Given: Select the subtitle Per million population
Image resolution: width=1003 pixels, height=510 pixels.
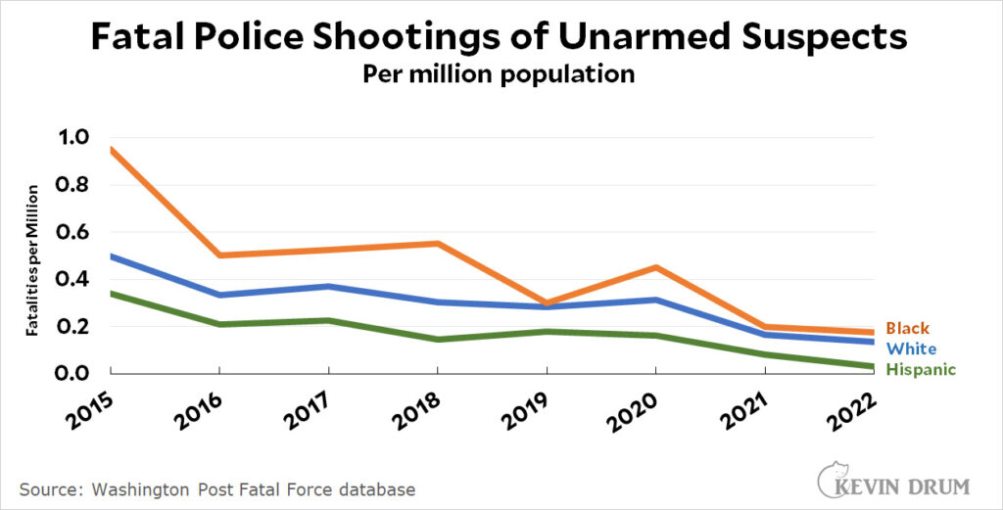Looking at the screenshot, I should point(501,74).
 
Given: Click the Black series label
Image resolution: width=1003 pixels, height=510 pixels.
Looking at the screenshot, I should point(908,329).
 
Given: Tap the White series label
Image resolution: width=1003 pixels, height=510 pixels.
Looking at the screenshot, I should point(911,349).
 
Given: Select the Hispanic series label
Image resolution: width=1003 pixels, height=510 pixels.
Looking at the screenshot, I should point(921,369).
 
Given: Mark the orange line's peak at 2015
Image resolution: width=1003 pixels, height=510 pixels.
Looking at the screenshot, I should point(112,149).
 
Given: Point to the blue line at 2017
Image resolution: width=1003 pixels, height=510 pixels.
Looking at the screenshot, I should point(329,287).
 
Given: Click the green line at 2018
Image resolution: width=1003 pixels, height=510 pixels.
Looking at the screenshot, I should point(438,340).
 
